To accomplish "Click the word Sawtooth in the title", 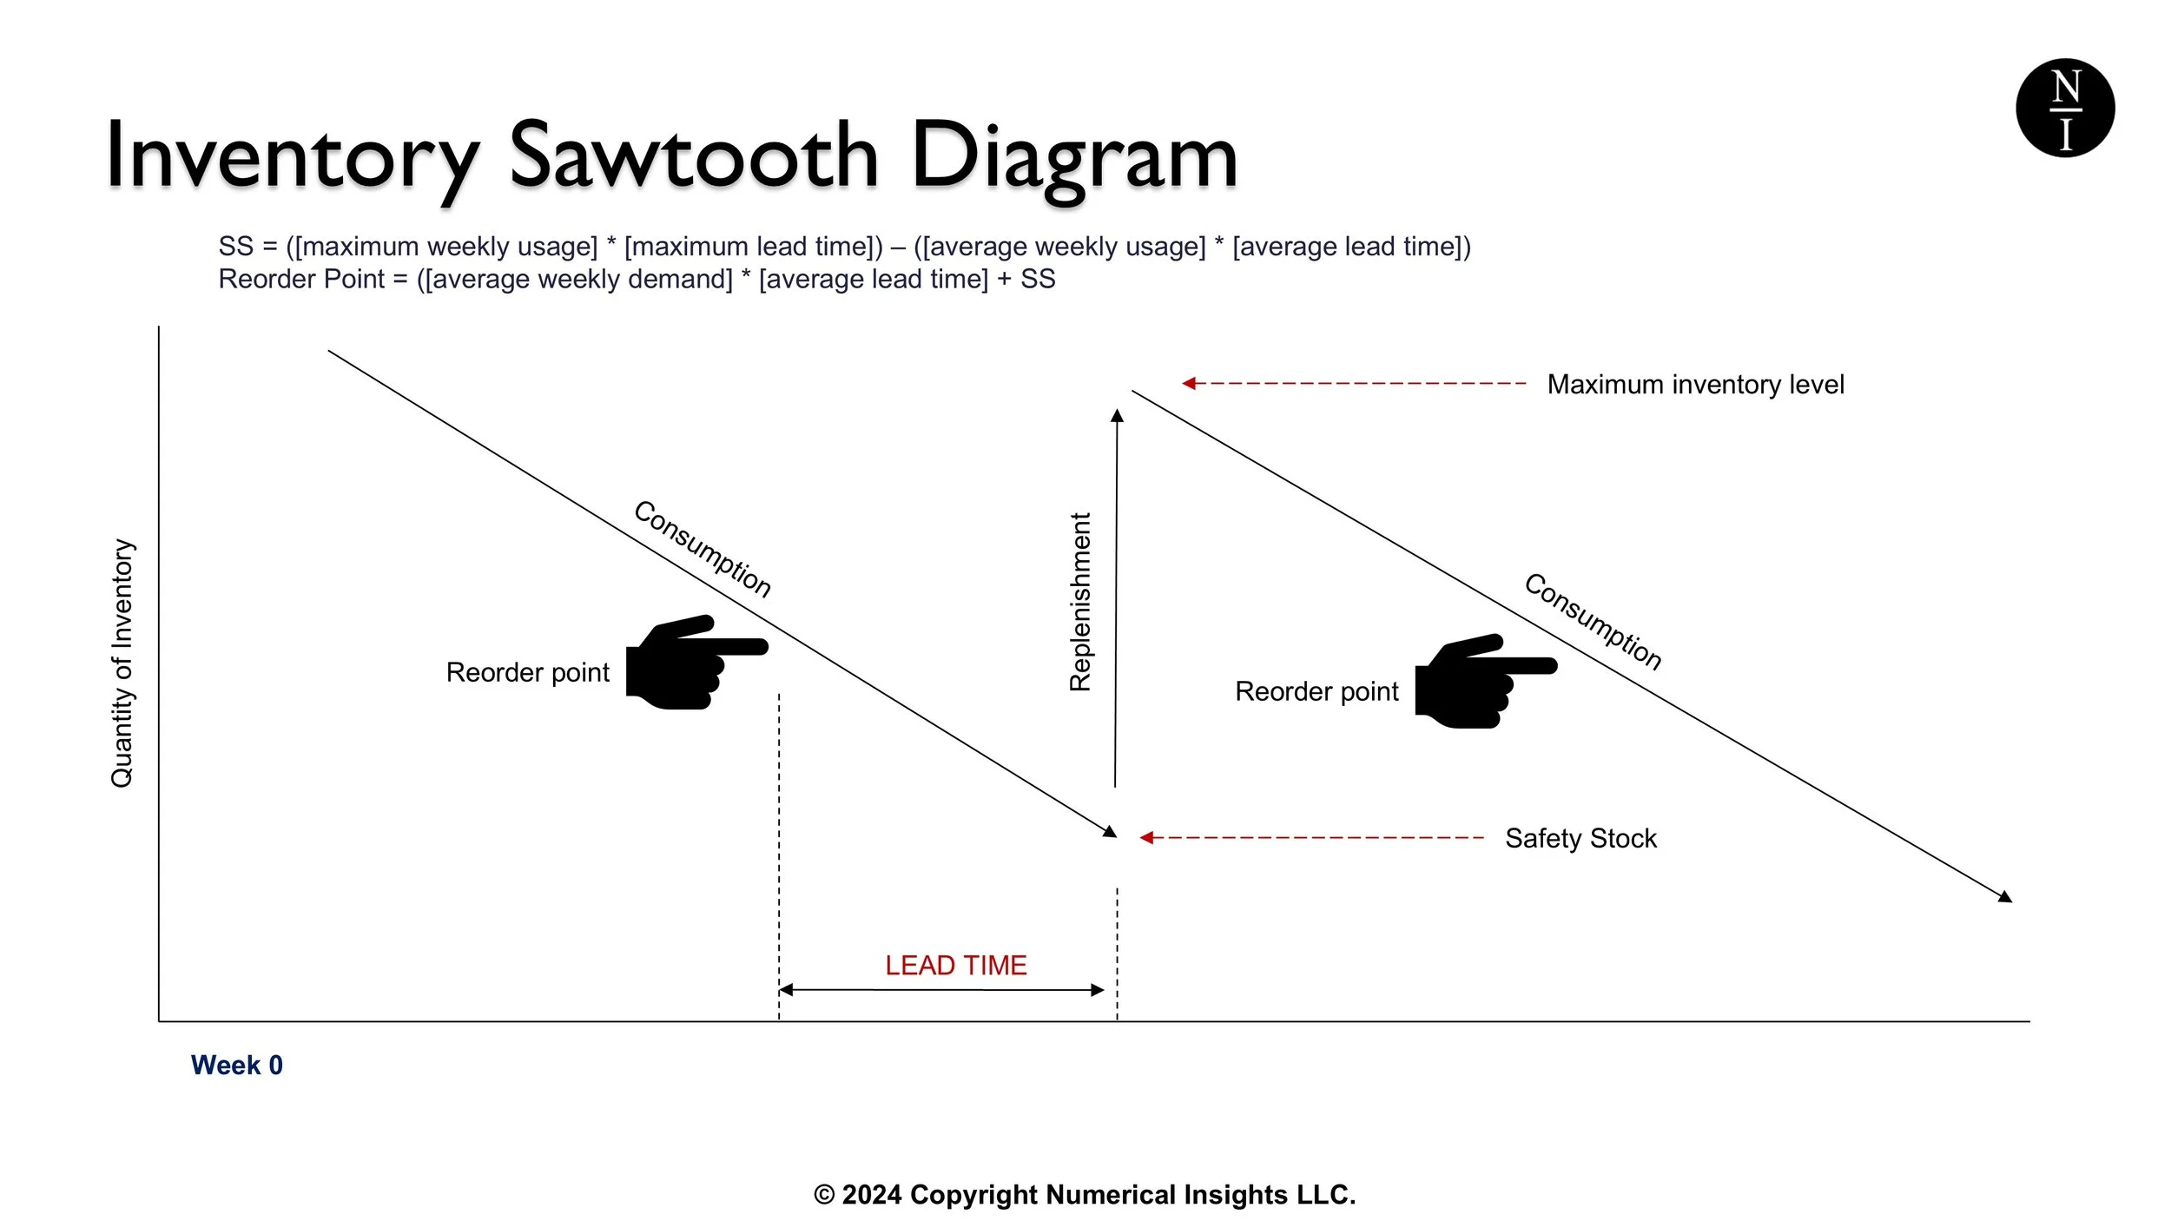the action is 693,156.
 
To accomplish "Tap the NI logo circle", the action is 2064,108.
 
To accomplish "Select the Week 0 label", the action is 236,1066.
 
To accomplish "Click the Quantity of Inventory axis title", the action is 122,663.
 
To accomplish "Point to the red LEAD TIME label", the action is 955,966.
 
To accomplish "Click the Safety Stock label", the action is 1580,839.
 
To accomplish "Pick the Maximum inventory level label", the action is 1695,385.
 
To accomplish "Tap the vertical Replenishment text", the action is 1079,602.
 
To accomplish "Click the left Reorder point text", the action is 527,673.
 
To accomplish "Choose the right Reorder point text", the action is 1316,692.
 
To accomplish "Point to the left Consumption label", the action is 702,549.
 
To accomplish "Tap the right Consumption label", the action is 1593,622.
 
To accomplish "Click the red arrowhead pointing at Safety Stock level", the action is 1146,838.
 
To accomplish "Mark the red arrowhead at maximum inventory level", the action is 1189,383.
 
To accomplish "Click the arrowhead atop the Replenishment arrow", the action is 1117,416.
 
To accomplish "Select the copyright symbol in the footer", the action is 823,1196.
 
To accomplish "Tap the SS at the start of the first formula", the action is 235,247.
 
